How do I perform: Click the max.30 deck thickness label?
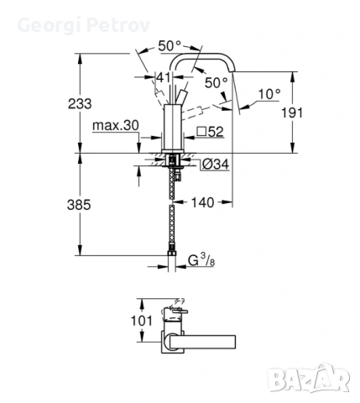pos(117,126)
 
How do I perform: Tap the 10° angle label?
pos(269,96)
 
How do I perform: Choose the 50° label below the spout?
pos(217,83)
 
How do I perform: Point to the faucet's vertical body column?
pos(174,118)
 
